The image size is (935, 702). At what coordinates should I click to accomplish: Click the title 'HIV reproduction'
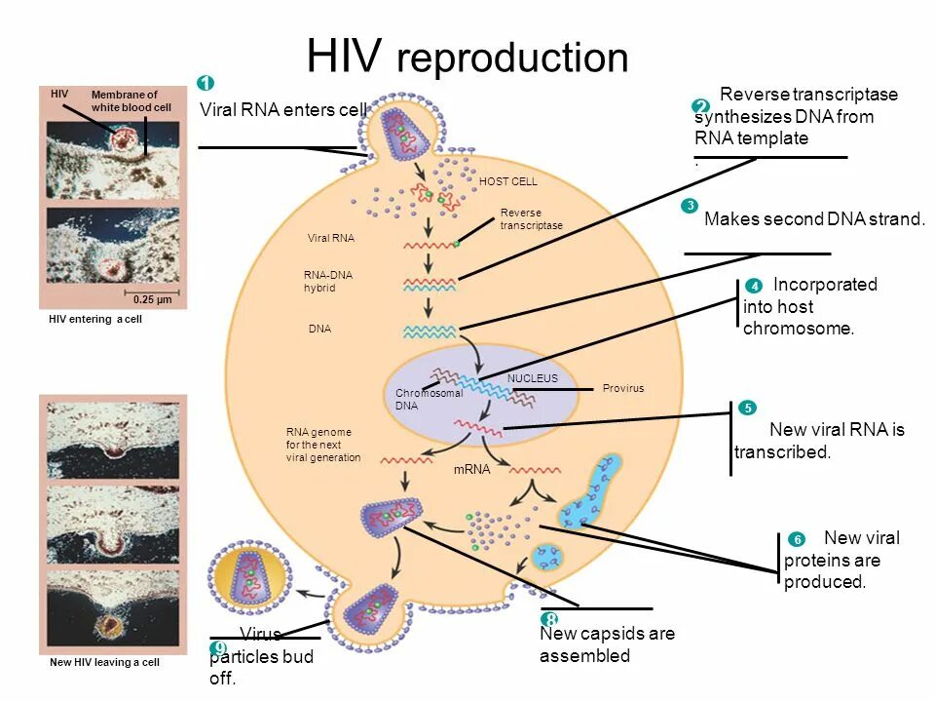coord(467,58)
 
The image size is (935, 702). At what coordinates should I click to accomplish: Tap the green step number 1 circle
coord(206,83)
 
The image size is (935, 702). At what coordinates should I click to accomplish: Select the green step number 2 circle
coord(701,107)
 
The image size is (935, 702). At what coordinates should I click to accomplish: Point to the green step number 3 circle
coord(690,206)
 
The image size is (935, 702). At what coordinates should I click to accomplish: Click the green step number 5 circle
coord(748,408)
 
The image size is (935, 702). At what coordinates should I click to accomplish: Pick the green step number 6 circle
coord(796,539)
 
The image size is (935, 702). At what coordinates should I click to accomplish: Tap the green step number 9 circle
coord(218,649)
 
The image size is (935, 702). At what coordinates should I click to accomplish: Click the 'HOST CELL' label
coord(508,182)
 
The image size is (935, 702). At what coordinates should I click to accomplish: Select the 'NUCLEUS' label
coord(533,377)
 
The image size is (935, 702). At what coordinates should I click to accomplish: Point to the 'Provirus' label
coord(623,388)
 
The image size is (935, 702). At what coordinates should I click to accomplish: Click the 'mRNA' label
coord(471,469)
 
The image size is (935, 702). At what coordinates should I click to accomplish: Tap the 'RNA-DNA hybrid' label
coord(328,282)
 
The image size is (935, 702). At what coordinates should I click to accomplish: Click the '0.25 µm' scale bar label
coord(152,299)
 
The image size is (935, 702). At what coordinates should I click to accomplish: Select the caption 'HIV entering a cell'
coord(95,319)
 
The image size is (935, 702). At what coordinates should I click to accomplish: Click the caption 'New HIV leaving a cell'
coord(104,663)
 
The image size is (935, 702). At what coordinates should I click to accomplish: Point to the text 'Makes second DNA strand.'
coord(814,219)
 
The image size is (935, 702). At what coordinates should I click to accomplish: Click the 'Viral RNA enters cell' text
coord(282,110)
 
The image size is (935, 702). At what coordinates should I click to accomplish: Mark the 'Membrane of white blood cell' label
coord(125,100)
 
